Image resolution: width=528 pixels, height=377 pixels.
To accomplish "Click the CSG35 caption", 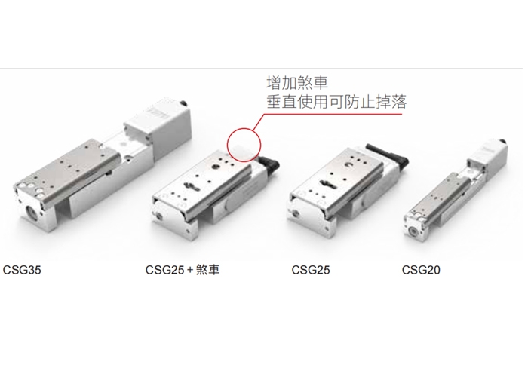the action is click(22, 270).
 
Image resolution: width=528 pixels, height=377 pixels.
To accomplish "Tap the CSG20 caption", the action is click(421, 270).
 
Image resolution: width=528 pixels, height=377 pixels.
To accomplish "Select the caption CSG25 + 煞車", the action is click(183, 270).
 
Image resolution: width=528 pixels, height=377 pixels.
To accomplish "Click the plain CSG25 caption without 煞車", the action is click(311, 270).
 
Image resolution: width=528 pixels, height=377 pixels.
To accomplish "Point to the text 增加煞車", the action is click(297, 83).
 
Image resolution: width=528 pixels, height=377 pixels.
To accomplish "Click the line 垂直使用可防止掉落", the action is click(336, 101).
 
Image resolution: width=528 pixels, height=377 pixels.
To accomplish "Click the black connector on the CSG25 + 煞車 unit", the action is click(270, 164).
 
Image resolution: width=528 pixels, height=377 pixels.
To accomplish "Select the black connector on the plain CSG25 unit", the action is click(390, 155).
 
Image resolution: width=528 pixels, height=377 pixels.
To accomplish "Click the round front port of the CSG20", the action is click(413, 231).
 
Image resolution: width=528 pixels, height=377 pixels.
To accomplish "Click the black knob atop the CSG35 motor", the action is click(184, 103).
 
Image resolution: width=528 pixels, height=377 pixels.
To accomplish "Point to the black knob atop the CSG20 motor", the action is click(503, 140).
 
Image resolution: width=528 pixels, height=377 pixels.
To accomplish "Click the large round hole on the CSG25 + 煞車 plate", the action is click(215, 167).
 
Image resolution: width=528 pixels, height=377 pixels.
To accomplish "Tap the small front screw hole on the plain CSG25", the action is click(296, 213).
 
